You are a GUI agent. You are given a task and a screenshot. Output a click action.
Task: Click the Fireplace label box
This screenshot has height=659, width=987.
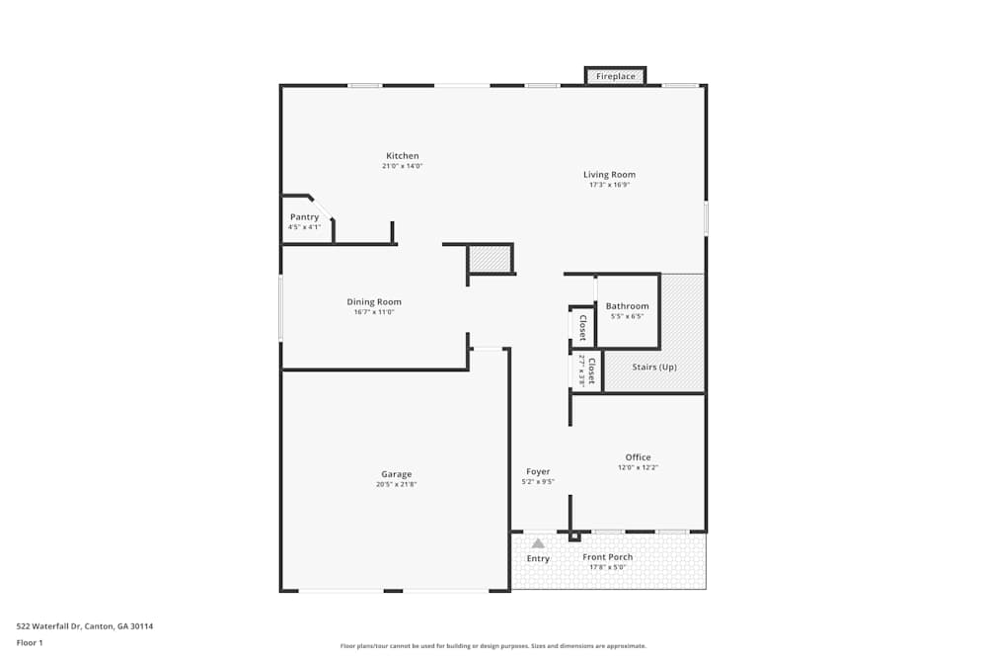pyautogui.click(x=616, y=76)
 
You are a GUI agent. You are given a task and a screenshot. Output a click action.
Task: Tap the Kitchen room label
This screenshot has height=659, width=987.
pyautogui.click(x=403, y=156)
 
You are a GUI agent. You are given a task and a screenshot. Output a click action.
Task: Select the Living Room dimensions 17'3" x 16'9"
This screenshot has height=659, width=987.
pyautogui.click(x=609, y=185)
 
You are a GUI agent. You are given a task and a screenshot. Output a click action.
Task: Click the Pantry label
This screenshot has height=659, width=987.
pyautogui.click(x=304, y=217)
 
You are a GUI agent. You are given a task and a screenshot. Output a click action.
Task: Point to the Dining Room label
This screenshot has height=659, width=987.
pyautogui.click(x=374, y=302)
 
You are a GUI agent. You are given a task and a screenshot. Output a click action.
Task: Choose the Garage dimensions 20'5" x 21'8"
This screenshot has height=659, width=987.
pyautogui.click(x=397, y=484)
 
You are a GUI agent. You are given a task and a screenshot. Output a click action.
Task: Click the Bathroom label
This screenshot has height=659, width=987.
pyautogui.click(x=628, y=306)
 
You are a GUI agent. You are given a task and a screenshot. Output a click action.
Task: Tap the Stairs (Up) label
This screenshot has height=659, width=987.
pyautogui.click(x=654, y=368)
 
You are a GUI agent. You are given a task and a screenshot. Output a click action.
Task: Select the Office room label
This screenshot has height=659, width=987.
pyautogui.click(x=638, y=457)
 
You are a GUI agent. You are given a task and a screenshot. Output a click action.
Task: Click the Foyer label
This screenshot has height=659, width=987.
pyautogui.click(x=538, y=472)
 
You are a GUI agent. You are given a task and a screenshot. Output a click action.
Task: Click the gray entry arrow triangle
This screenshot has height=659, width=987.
pyautogui.click(x=538, y=542)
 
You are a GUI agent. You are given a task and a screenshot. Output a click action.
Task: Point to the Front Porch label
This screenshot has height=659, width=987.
pyautogui.click(x=608, y=557)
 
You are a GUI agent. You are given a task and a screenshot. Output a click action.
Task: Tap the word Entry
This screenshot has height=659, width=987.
pyautogui.click(x=538, y=559)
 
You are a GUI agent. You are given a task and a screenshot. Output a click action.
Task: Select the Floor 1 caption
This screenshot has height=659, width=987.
pyautogui.click(x=30, y=642)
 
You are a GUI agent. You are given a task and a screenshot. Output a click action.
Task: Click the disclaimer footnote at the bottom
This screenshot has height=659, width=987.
pyautogui.click(x=493, y=645)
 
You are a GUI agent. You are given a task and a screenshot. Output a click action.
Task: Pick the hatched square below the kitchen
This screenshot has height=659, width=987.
pyautogui.click(x=490, y=259)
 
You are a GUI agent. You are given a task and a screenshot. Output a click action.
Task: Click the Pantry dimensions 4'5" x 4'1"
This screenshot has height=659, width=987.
pyautogui.click(x=304, y=227)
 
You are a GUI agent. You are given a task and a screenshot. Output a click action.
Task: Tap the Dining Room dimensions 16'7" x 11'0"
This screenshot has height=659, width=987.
pyautogui.click(x=374, y=312)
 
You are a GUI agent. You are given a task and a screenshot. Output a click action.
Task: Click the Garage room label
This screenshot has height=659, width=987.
pyautogui.click(x=397, y=474)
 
